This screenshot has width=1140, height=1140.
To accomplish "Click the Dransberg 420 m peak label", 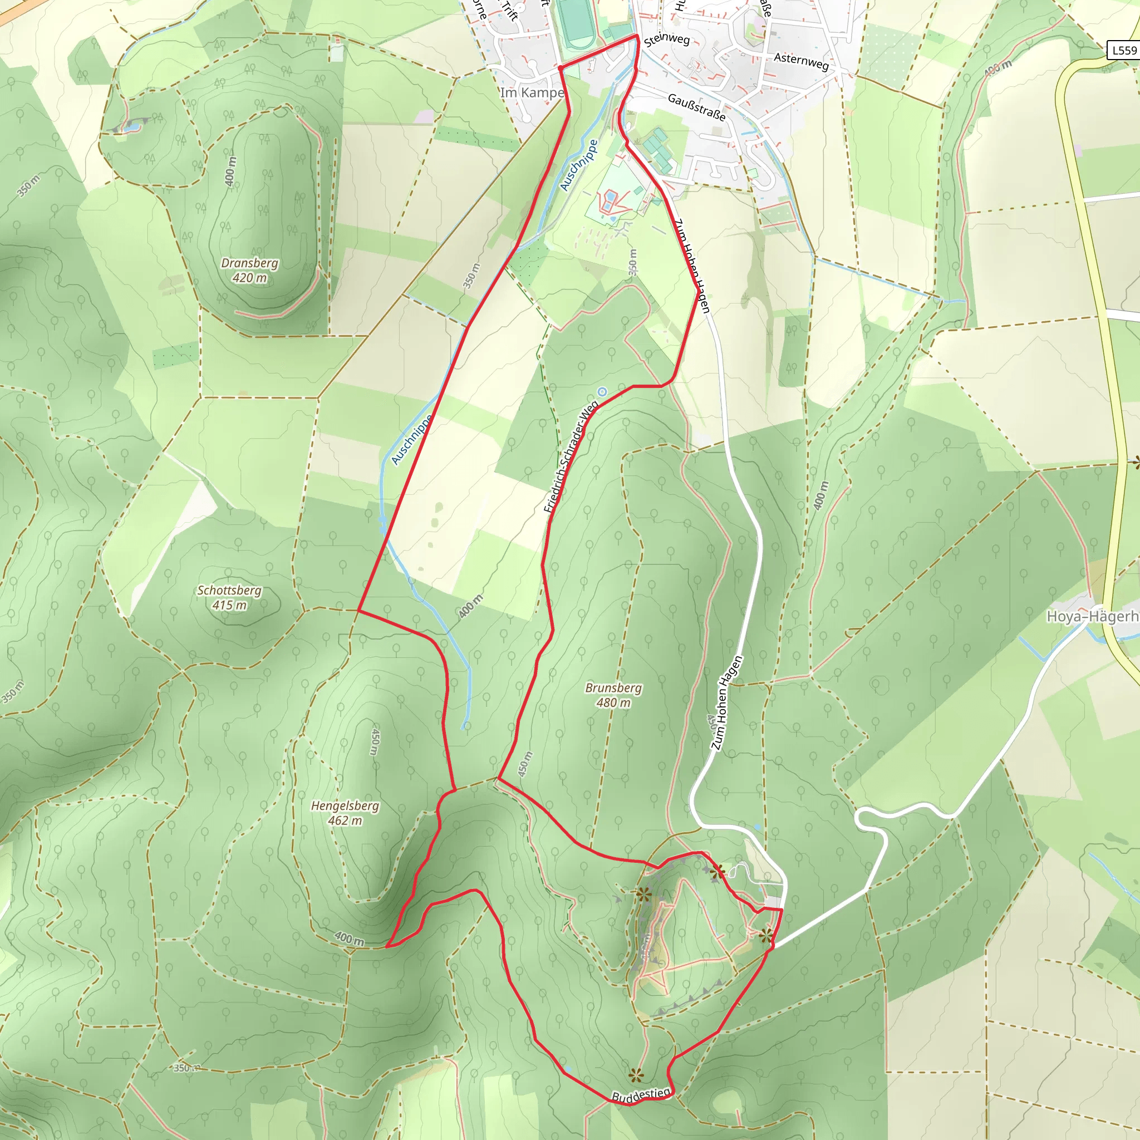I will [x=249, y=270].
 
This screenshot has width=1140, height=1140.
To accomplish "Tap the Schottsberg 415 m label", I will [x=229, y=597].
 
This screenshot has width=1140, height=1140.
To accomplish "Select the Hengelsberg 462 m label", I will [x=345, y=813].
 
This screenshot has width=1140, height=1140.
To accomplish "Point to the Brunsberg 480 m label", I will [x=613, y=695].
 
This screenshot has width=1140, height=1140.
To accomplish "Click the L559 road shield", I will [x=1123, y=50].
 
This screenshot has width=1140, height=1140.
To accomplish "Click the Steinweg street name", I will [x=667, y=40].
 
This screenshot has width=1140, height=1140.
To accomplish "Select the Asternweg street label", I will [x=800, y=61].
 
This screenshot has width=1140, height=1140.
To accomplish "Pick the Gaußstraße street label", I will [x=696, y=107].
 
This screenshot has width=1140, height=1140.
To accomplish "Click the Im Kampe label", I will [x=532, y=92].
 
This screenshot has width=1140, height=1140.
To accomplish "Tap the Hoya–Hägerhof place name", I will [x=1092, y=617].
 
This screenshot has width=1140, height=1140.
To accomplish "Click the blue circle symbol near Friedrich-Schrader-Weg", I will [x=602, y=392].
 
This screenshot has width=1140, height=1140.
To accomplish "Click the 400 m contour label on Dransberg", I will [x=230, y=170].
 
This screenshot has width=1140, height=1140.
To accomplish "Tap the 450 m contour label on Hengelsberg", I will [x=375, y=741].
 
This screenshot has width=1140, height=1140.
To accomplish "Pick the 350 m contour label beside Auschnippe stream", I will [x=471, y=275].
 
